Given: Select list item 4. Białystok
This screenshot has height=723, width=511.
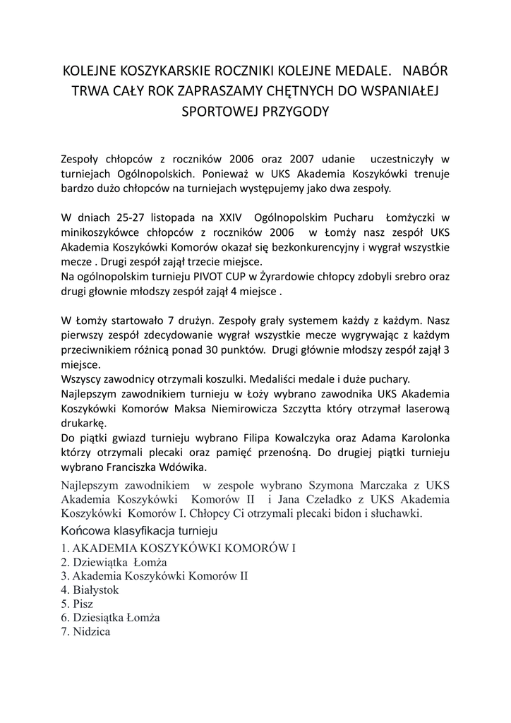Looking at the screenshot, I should click(90, 590).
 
